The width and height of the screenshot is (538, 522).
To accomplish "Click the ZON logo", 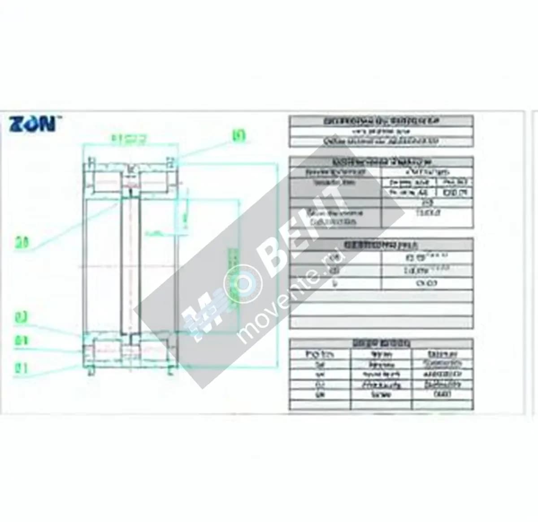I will tap(32, 123).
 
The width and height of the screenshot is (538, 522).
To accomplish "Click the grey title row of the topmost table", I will tap(381, 121).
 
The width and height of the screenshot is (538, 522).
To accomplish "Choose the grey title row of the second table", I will tap(381, 162).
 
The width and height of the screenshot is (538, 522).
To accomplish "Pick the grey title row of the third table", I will tap(381, 245).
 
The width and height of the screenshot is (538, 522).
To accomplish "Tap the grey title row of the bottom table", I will tap(381, 343).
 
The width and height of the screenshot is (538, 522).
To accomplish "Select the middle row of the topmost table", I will tap(381, 132).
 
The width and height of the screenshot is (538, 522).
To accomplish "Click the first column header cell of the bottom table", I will tap(320, 354).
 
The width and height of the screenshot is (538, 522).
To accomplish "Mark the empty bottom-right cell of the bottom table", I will tap(442, 405).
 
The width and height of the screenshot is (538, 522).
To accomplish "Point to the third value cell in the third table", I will tap(427, 283).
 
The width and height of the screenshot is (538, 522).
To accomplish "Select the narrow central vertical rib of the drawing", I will tap(130, 264).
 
